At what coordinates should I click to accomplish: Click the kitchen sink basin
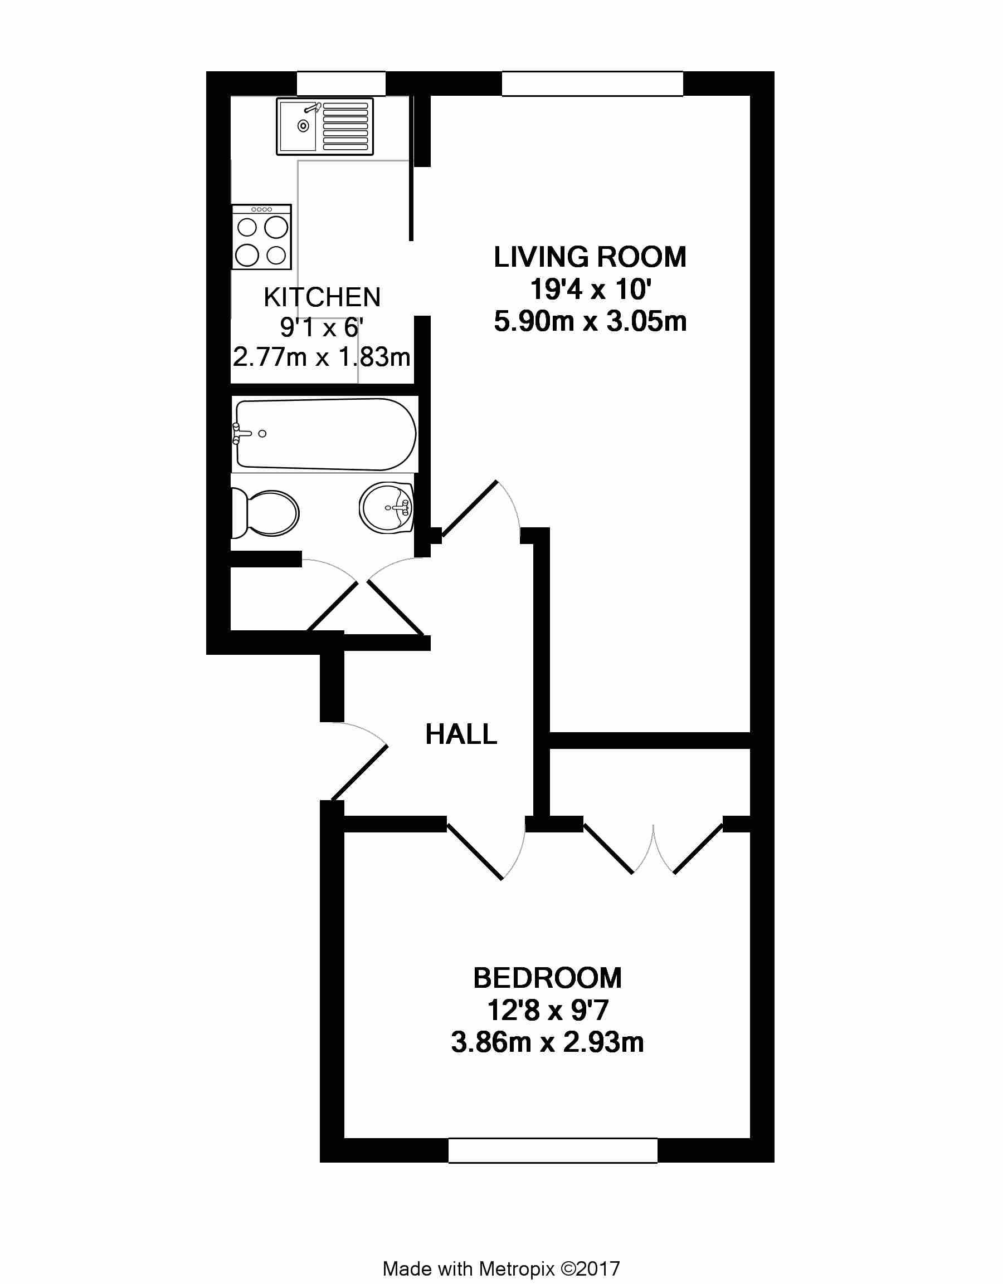299,126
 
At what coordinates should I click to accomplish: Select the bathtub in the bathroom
325,434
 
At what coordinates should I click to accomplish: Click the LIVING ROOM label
590,257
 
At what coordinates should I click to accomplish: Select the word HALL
461,734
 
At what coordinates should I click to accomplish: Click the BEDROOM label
547,978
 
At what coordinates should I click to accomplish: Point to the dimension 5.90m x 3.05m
590,322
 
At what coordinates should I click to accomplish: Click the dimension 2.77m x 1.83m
321,357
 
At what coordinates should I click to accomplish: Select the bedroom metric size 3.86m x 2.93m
547,1042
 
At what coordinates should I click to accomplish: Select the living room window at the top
592,84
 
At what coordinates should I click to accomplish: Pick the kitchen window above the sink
341,84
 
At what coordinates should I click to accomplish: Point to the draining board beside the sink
345,126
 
